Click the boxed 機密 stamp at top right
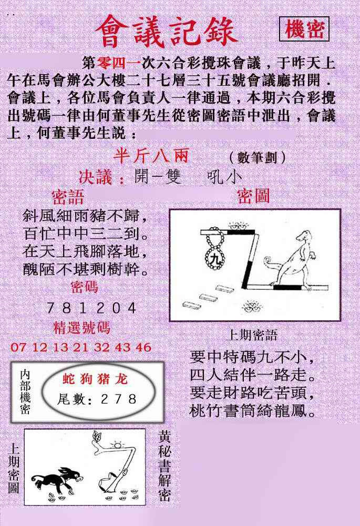point(304,29)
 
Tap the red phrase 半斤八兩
point(151,156)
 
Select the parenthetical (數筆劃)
point(258,157)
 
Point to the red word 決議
point(96,177)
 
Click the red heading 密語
point(68,197)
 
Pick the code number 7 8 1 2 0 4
point(91,308)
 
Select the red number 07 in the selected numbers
point(18,347)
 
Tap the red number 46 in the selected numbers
point(143,347)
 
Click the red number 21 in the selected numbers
point(81,347)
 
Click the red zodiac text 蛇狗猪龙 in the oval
point(95,379)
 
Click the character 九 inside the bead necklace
point(214,258)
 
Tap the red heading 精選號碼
point(81,328)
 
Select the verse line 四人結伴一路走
point(253,375)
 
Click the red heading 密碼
point(84,288)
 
